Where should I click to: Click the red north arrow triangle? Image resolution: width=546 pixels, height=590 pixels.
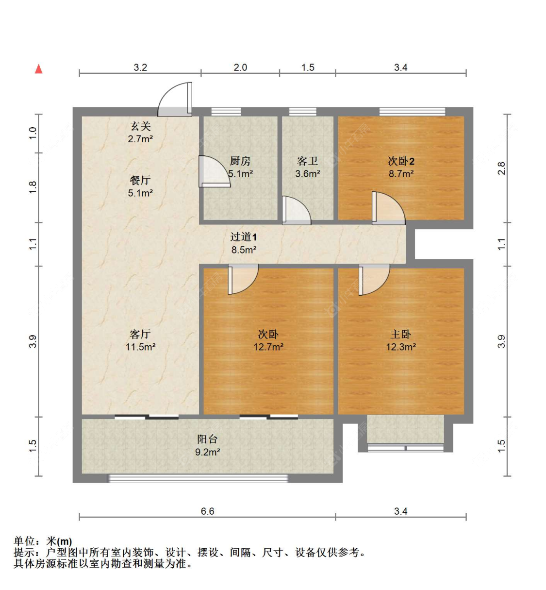click(39, 69)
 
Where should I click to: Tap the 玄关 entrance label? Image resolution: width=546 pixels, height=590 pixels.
click(140, 126)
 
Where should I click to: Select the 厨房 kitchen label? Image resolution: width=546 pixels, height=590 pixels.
click(240, 161)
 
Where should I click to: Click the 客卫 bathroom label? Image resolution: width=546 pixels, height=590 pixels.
click(307, 161)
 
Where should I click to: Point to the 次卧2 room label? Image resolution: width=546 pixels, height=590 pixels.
click(401, 161)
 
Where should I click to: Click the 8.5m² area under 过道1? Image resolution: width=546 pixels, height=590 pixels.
click(244, 250)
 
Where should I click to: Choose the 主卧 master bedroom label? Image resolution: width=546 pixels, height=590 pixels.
click(401, 334)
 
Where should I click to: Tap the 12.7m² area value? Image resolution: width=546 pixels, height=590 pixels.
click(268, 347)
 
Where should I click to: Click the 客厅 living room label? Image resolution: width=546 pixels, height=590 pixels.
click(140, 334)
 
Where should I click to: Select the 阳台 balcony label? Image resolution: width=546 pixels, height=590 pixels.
click(207, 439)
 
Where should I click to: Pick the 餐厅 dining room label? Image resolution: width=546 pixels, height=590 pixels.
click(140, 180)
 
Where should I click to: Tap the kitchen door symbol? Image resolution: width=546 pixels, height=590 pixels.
click(214, 171)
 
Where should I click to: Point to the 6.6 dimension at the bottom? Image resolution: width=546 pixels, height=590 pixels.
click(207, 511)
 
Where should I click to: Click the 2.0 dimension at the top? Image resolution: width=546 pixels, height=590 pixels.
click(240, 67)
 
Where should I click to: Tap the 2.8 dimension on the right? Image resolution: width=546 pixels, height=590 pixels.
click(501, 169)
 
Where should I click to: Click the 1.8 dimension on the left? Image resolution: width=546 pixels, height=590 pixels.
click(33, 187)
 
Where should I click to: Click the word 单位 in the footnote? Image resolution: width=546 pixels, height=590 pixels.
click(24, 541)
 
